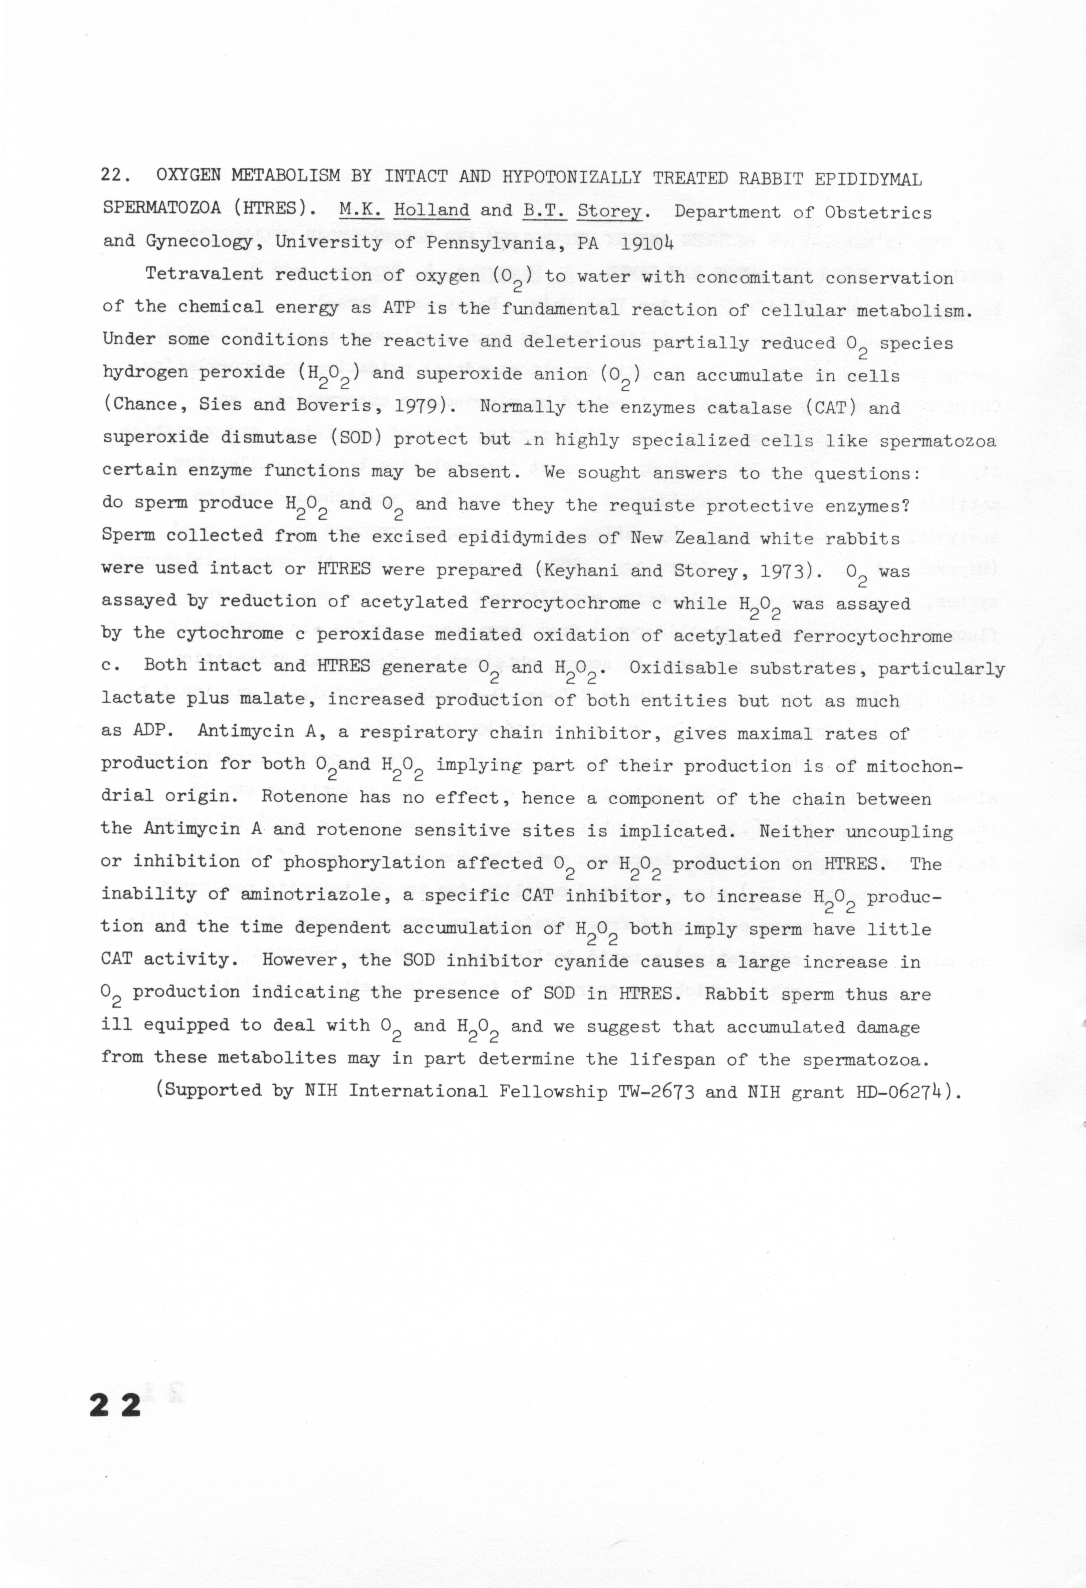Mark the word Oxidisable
click(676, 668)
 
